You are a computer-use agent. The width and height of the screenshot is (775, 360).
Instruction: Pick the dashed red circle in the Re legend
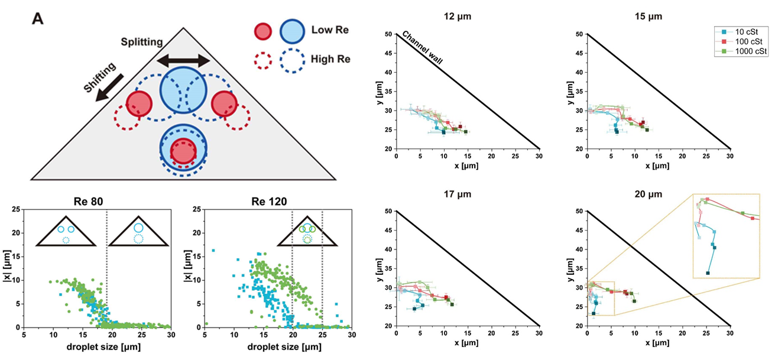[262, 60]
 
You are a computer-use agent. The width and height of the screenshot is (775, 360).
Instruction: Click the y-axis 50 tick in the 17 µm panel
[388, 211]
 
